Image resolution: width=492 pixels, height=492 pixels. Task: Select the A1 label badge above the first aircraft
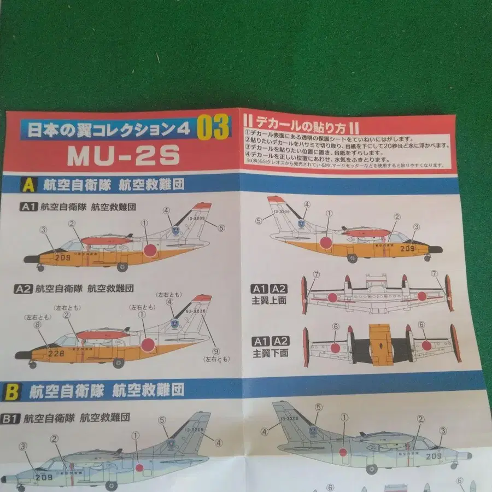(x=28, y=207)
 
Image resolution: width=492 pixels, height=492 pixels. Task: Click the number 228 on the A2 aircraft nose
(x=56, y=354)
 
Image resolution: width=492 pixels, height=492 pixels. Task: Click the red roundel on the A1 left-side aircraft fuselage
(x=150, y=250)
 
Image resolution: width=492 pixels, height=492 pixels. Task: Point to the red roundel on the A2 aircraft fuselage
(x=148, y=344)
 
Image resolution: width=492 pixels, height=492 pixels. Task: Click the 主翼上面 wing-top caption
(x=268, y=300)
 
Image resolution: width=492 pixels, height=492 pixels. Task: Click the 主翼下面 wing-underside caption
(x=268, y=353)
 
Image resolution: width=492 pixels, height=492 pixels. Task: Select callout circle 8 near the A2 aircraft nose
(x=37, y=324)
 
